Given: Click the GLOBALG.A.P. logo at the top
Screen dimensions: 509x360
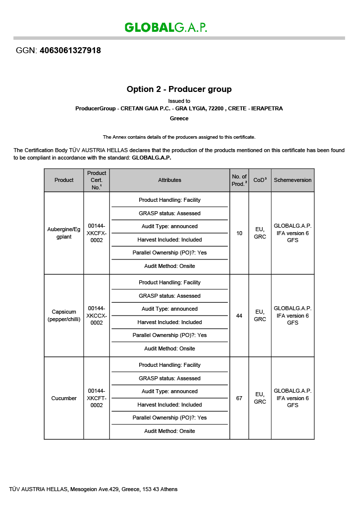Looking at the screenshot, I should click(x=166, y=27).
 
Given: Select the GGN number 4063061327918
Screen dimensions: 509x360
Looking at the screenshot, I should click(x=70, y=51).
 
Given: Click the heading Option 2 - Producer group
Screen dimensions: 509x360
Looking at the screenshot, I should click(x=179, y=89).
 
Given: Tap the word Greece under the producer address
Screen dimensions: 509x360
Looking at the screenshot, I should click(x=179, y=118).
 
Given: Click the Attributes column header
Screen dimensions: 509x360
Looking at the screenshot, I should click(x=170, y=180).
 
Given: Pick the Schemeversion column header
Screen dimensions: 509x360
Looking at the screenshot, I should click(x=292, y=180).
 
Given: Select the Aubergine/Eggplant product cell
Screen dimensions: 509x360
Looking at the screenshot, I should click(x=64, y=233).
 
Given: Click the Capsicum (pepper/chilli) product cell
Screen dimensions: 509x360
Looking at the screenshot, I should click(x=64, y=315).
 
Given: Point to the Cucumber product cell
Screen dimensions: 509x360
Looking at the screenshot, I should click(x=64, y=398).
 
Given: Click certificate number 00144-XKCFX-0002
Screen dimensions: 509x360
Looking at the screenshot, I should click(x=96, y=233).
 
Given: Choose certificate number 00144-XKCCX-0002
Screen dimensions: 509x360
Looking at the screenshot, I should click(x=96, y=315).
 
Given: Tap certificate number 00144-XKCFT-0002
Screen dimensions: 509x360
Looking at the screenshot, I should click(x=96, y=398).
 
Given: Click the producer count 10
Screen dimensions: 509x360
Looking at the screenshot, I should click(x=239, y=233).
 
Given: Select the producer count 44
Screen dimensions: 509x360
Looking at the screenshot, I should click(x=239, y=316).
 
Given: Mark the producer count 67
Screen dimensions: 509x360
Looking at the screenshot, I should click(x=239, y=398).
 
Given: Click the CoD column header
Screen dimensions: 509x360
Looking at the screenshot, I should click(x=260, y=180).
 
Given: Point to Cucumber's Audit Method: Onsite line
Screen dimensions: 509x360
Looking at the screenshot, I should click(x=170, y=431).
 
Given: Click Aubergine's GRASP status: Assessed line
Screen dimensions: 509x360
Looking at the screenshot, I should click(x=170, y=213).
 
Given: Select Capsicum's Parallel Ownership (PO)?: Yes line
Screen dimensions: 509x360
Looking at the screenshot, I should click(x=170, y=335).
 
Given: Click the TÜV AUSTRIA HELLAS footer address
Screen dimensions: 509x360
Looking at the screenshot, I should click(x=93, y=489).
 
